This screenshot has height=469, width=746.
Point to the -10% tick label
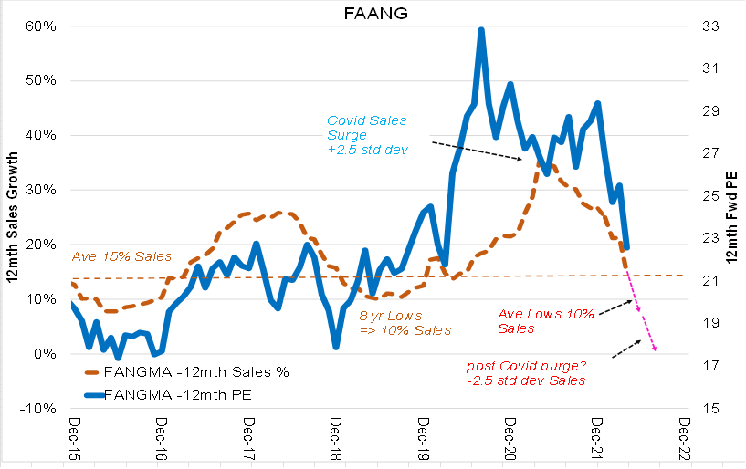pos(41,408)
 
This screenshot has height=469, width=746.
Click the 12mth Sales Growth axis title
pos(11,217)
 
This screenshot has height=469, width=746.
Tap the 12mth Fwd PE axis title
pos(732,217)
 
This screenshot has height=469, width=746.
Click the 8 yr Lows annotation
pos(405,322)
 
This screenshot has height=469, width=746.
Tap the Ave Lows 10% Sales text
pos(545,320)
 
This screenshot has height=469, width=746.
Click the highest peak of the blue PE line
pos(480,30)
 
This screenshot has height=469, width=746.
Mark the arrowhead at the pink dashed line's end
pos(654,349)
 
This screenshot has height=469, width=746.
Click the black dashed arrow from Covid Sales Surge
pos(476,151)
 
